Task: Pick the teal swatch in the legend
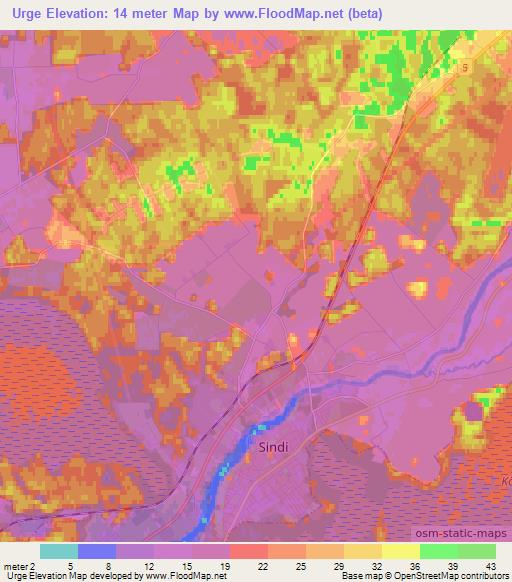58,551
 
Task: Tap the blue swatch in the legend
96,551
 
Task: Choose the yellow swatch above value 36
400,551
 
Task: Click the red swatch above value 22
248,551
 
